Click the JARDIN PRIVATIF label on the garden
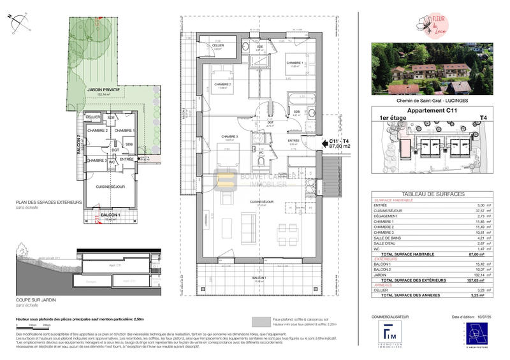coord(103,91)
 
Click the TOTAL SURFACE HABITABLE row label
coord(415,252)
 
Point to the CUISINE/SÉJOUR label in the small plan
coord(110,187)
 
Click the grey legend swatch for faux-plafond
coord(261,320)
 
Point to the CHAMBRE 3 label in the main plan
coord(229,136)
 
